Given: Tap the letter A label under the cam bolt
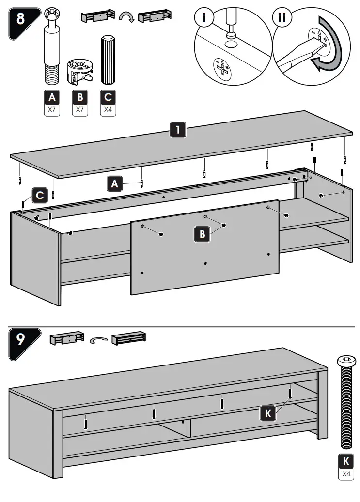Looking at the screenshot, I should (53, 97).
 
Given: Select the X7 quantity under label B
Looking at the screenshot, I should (80, 109).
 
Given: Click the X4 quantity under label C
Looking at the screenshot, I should (108, 109).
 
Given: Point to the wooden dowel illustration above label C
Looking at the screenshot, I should (107, 60).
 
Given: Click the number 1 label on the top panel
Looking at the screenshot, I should (178, 130).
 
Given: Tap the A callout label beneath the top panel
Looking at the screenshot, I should (114, 183).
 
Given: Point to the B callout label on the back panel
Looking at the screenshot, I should (202, 235).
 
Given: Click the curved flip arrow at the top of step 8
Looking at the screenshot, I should (126, 18).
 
